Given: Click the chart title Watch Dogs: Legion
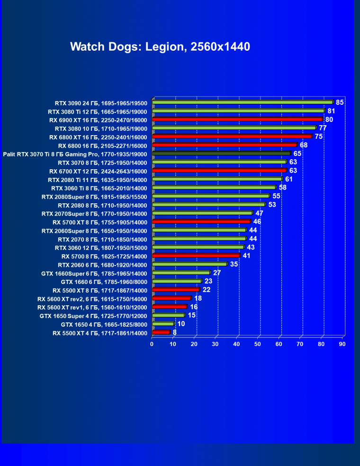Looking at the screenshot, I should click(x=160, y=46).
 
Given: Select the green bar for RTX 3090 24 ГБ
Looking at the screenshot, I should click(x=243, y=102).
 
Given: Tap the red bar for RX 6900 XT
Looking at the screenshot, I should click(x=237, y=119).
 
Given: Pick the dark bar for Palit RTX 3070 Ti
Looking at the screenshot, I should click(x=221, y=154).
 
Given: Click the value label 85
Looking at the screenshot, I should click(x=340, y=102).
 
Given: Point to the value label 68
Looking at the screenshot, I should click(x=304, y=145).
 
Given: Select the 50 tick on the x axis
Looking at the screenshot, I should click(x=258, y=344).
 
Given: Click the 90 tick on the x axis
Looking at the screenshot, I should click(x=342, y=344).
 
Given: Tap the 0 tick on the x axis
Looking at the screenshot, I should click(x=152, y=344).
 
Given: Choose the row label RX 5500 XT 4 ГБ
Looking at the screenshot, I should click(x=100, y=333).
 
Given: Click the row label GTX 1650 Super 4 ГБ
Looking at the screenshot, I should click(x=93, y=316).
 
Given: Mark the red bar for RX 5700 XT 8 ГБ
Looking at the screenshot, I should click(x=201, y=221).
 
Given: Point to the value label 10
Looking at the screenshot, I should click(x=181, y=324).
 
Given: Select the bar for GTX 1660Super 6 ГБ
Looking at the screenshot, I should click(x=181, y=273).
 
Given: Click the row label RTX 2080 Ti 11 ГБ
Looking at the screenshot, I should click(x=98, y=180).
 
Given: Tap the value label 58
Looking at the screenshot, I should click(x=282, y=188).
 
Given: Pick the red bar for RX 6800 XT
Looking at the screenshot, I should click(x=232, y=137).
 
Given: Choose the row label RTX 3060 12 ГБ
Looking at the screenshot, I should click(x=101, y=248).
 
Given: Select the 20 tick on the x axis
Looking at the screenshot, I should click(x=194, y=344).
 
